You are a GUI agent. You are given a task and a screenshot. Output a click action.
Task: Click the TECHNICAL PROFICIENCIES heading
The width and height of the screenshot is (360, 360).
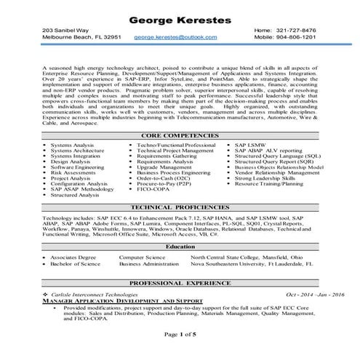click(x=180, y=207)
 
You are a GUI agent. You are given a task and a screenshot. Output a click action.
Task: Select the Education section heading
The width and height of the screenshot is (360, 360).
click(x=180, y=247)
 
